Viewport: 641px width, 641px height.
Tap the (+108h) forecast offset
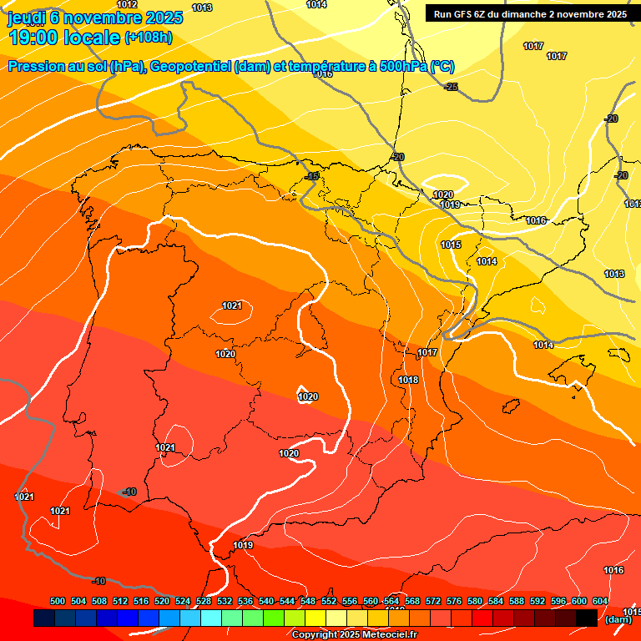pyautogui.click(x=149, y=37)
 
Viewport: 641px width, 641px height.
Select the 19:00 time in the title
pyautogui.click(x=33, y=37)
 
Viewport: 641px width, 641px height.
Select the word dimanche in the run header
pyautogui.click(x=526, y=14)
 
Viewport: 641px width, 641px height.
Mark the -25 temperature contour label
pyautogui.click(x=451, y=87)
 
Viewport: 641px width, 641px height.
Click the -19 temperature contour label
pyautogui.click(x=312, y=176)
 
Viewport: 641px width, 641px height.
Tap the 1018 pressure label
pyautogui.click(x=408, y=380)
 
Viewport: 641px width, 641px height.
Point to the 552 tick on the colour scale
pyautogui.click(x=329, y=601)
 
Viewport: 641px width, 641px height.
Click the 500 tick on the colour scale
pyautogui.click(x=58, y=601)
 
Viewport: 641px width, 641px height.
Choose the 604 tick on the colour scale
pyautogui.click(x=600, y=601)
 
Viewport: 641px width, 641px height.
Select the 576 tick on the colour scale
pyautogui.click(x=454, y=601)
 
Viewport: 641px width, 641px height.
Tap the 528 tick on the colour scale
pyautogui.click(x=204, y=601)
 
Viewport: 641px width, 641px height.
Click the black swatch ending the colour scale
pyautogui.click(x=587, y=618)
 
